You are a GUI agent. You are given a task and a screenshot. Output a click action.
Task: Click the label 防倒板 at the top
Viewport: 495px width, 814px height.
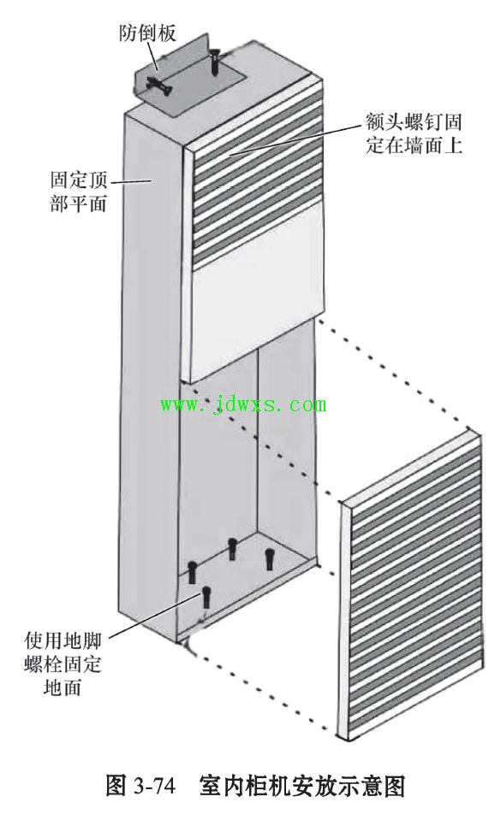click(x=147, y=33)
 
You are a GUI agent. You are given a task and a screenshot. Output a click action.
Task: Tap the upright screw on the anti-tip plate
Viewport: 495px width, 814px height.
click(x=214, y=62)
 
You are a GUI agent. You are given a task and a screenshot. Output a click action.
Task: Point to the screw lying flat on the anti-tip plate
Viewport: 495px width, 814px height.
click(x=159, y=86)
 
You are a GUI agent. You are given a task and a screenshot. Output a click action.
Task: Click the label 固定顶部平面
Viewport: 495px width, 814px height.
click(x=79, y=191)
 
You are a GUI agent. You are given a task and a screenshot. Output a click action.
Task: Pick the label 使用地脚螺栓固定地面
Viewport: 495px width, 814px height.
click(x=63, y=664)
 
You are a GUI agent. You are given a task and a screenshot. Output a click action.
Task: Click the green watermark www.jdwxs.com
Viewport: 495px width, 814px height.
click(x=243, y=404)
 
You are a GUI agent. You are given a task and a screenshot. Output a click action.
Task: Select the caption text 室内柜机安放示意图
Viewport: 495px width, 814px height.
click(x=302, y=787)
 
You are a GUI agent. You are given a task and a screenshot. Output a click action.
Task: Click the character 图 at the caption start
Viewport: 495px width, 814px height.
click(x=116, y=787)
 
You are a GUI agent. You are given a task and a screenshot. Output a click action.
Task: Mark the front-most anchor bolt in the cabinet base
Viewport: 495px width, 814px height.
click(x=206, y=597)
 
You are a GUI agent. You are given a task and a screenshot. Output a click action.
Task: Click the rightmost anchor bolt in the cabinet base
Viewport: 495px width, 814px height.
click(x=269, y=558)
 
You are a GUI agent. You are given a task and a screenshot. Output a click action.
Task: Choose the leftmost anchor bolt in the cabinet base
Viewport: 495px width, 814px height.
click(x=193, y=572)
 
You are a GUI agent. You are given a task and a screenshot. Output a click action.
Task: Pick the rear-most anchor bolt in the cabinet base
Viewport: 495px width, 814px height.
click(x=232, y=549)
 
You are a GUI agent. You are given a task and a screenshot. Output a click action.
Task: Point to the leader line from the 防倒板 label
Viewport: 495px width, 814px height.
click(x=152, y=57)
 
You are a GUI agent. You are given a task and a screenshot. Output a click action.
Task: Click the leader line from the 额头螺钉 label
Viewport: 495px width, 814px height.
click(x=295, y=139)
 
